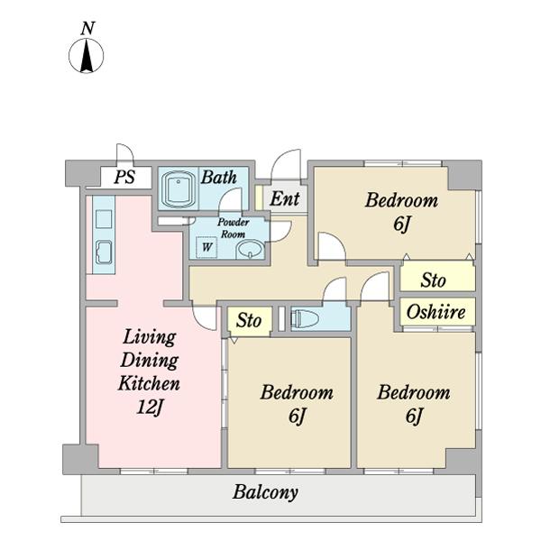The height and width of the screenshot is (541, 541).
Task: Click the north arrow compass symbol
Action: [x=87, y=56]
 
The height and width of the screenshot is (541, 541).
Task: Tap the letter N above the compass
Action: [x=88, y=28]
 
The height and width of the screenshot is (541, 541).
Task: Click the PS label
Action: [x=124, y=177]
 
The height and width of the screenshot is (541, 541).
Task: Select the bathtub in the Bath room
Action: [x=178, y=188]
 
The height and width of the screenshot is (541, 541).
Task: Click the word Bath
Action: [x=219, y=178]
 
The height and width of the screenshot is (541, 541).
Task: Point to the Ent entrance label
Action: [x=285, y=198]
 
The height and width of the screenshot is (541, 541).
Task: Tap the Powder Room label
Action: [x=234, y=228]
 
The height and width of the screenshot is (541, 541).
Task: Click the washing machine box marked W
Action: [x=206, y=247]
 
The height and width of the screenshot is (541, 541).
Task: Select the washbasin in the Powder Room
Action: [x=251, y=250]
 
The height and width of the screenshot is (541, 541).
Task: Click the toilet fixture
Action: [x=305, y=319]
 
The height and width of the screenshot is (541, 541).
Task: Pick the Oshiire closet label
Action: [x=436, y=312]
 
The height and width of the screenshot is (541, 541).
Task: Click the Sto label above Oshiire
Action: [x=433, y=280]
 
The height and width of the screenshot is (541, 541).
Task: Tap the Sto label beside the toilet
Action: [x=249, y=320]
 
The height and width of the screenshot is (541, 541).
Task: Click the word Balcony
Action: [x=265, y=492]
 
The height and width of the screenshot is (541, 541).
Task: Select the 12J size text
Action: [x=150, y=407]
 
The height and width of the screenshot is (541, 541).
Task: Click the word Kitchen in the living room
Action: [x=149, y=383]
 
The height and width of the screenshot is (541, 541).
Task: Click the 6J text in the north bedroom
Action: [x=401, y=224]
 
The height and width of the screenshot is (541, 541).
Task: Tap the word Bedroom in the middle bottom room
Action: [x=297, y=392]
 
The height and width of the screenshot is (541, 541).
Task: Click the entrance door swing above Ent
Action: [x=286, y=165]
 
